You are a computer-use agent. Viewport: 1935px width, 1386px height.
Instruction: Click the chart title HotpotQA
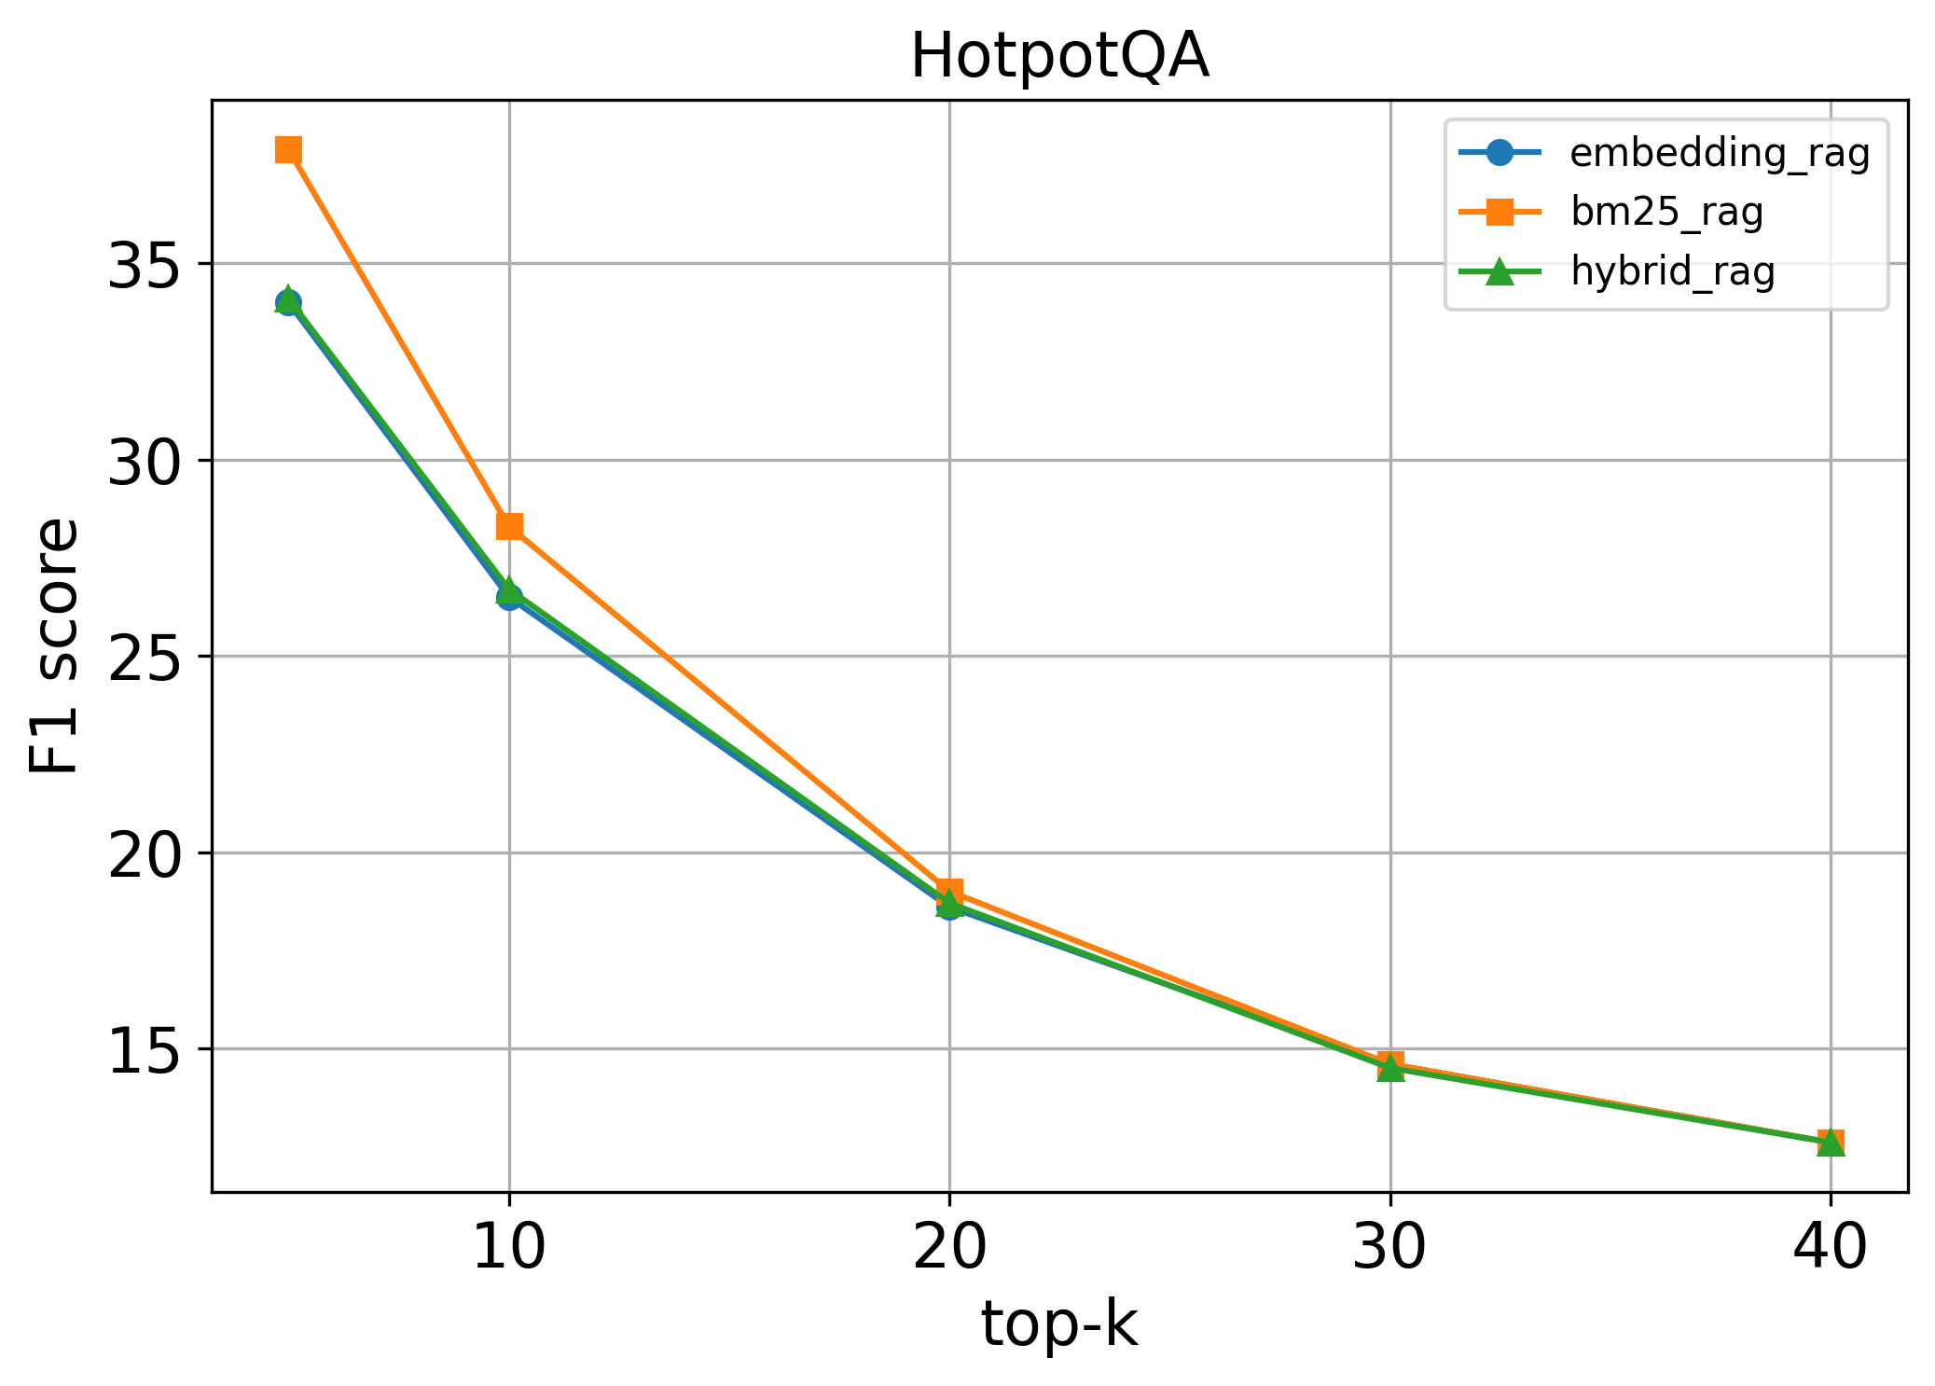[x=1059, y=56]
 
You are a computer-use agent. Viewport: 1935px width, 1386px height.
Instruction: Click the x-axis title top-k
[x=1059, y=1324]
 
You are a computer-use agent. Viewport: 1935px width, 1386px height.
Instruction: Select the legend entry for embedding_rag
[x=1720, y=153]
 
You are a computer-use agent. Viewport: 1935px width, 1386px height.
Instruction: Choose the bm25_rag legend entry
[x=1666, y=213]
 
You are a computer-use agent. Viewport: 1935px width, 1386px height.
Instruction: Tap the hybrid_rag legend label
[x=1672, y=271]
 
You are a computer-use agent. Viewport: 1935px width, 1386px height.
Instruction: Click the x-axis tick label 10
[x=509, y=1247]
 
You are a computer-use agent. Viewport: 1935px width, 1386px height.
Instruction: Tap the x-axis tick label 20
[x=949, y=1247]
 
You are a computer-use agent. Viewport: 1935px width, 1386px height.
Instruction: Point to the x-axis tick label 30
[x=1389, y=1247]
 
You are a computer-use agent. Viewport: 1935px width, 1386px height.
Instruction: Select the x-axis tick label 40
[x=1830, y=1247]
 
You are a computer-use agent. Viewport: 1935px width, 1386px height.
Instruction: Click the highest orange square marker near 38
[x=288, y=149]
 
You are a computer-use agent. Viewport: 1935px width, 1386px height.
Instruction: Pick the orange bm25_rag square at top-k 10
[x=509, y=526]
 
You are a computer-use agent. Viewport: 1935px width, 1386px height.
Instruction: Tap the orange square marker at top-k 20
[x=949, y=891]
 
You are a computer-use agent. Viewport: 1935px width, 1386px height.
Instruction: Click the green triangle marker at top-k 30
[x=1390, y=1068]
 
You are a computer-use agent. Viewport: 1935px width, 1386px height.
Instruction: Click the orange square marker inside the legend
[x=1499, y=213]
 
